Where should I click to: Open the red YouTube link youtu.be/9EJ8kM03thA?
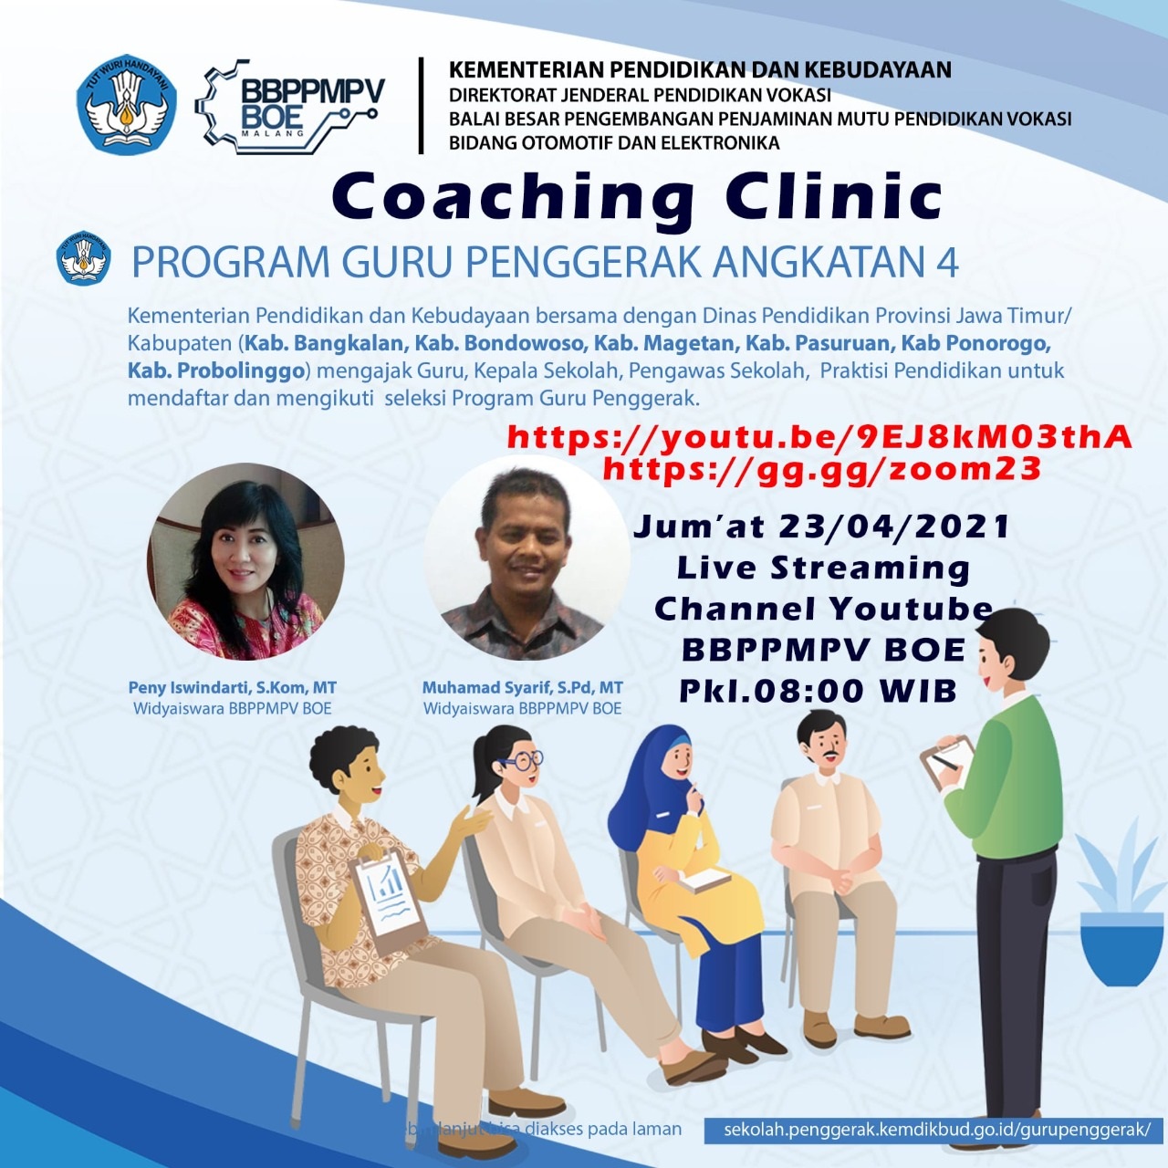(x=819, y=437)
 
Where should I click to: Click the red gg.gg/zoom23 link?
(x=822, y=469)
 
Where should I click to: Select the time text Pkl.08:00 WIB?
(x=818, y=691)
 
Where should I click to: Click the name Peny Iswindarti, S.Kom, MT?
(x=232, y=688)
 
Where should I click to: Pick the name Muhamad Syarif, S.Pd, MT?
(x=522, y=688)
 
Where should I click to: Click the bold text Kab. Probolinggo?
(x=215, y=371)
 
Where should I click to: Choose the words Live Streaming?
(x=823, y=568)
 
